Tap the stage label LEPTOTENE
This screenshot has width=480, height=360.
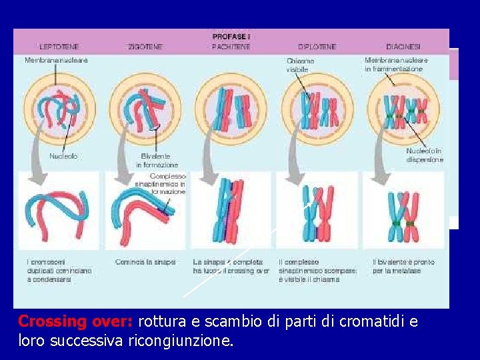59,47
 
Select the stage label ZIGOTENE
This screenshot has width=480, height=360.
145,47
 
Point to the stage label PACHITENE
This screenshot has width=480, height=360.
231,47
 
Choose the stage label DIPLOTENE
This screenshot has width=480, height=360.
317,47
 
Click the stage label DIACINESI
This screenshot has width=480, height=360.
403,47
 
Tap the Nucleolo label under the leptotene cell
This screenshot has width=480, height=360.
63,156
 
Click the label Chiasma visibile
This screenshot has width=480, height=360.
300,65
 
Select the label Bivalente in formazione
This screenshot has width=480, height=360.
157,160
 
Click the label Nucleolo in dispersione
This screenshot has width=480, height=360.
424,155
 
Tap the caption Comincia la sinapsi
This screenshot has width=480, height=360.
145,262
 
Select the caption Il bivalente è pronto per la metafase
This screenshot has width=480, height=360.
403,266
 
